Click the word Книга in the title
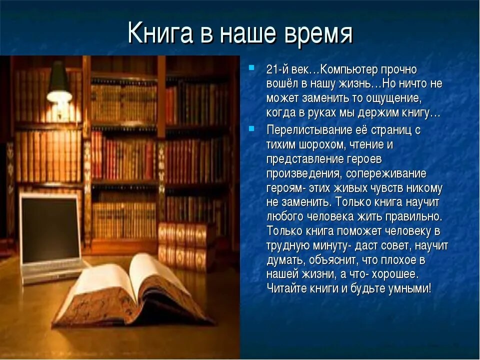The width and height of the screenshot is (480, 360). click(x=160, y=32)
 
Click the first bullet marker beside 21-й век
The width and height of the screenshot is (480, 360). click(x=251, y=67)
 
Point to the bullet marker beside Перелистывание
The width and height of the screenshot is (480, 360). click(x=251, y=128)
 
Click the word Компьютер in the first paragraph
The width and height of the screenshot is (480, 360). click(x=348, y=70)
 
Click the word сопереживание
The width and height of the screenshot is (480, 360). click(x=386, y=174)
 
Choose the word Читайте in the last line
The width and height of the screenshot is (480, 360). click(x=286, y=288)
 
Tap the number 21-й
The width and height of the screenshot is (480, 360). click(x=277, y=70)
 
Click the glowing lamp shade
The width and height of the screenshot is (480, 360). click(x=59, y=81)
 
